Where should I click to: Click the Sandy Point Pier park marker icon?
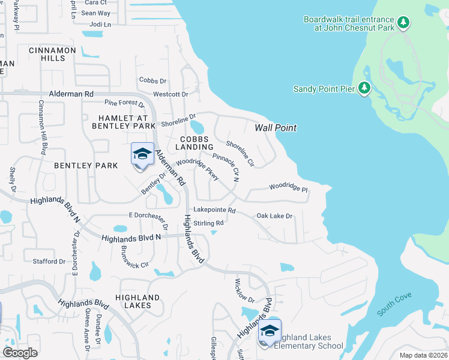click(364, 89)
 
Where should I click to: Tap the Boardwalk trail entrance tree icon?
click(405, 23)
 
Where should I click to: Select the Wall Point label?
click(276, 128)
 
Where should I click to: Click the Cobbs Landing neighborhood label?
click(194, 143)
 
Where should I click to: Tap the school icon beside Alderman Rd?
click(142, 154)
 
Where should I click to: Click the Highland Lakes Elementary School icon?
click(269, 331)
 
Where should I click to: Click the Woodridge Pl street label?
click(288, 188)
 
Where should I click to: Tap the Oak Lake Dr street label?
click(274, 216)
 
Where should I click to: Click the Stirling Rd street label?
click(208, 223)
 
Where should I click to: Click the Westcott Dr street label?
click(170, 94)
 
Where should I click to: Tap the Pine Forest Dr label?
click(124, 106)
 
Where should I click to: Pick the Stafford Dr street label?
click(49, 262)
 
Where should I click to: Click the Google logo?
click(20, 352)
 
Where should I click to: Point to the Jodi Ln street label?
click(100, 25)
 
